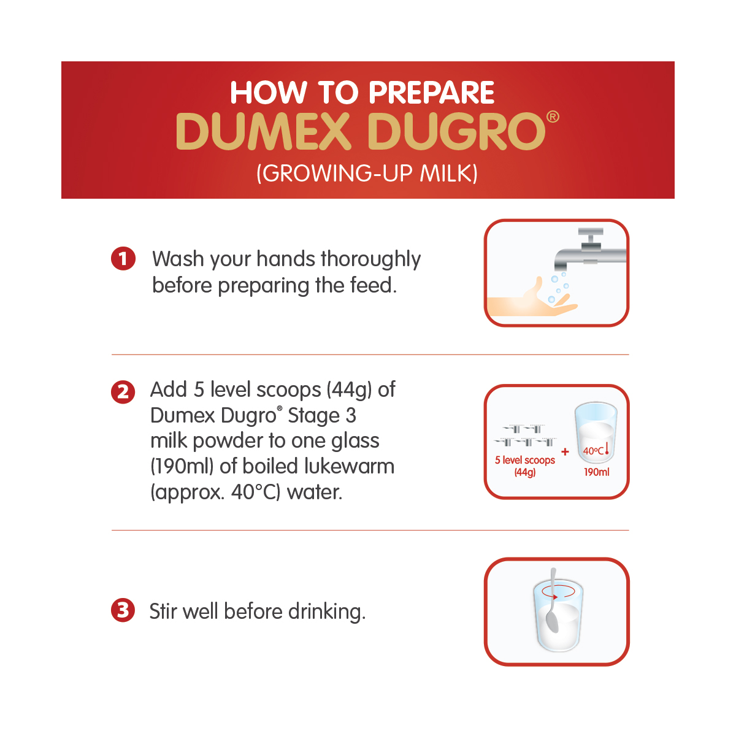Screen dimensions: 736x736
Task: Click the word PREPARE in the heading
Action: [431, 93]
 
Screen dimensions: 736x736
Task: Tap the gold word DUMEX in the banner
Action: [263, 131]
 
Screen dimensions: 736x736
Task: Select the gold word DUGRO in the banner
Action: [456, 131]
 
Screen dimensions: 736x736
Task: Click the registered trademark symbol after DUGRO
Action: [553, 117]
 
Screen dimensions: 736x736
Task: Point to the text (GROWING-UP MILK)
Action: [367, 173]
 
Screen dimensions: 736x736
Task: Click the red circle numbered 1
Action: [123, 259]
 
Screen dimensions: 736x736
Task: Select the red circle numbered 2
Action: [123, 392]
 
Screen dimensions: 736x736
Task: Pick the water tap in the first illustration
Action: [591, 250]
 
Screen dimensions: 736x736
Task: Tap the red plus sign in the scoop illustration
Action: [565, 452]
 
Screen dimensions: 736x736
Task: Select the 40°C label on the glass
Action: [593, 451]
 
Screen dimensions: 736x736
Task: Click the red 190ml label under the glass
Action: [597, 472]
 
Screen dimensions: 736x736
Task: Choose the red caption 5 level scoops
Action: [525, 460]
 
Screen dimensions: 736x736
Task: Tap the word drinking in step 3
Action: [327, 612]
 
